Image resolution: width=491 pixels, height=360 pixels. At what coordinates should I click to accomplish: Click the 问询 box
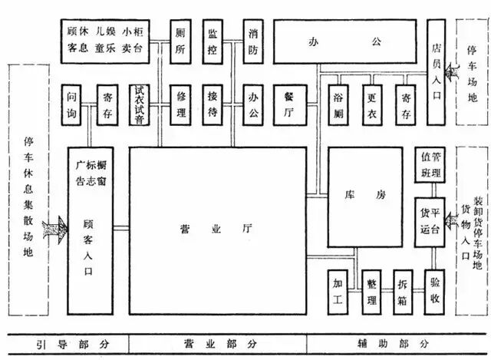tap(73, 104)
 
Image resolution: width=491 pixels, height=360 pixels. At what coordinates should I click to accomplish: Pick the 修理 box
tap(181, 104)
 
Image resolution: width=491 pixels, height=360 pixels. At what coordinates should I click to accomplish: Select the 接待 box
tap(214, 104)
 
